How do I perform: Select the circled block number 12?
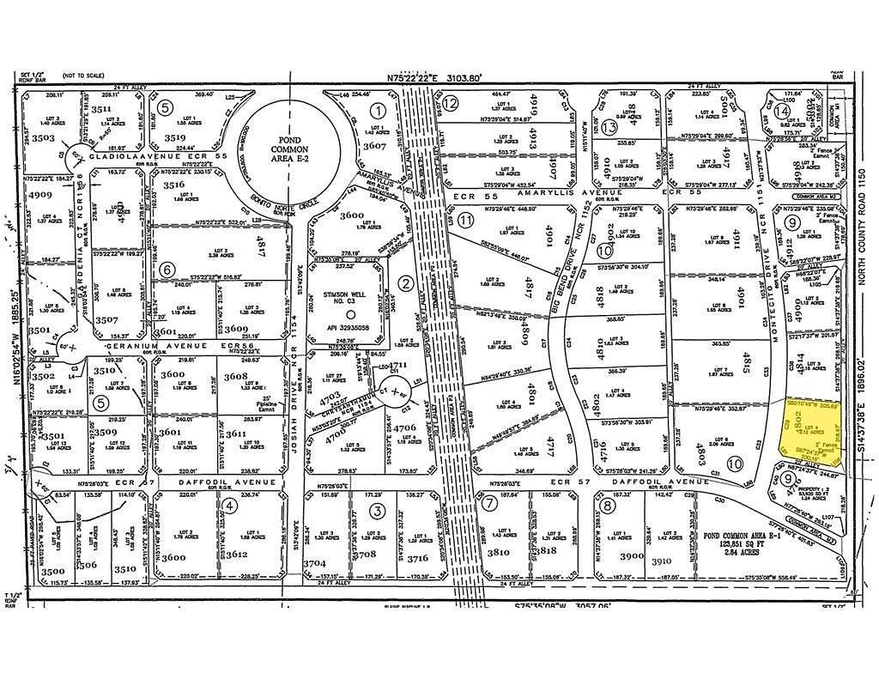coord(451,102)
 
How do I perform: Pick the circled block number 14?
coord(782,112)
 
